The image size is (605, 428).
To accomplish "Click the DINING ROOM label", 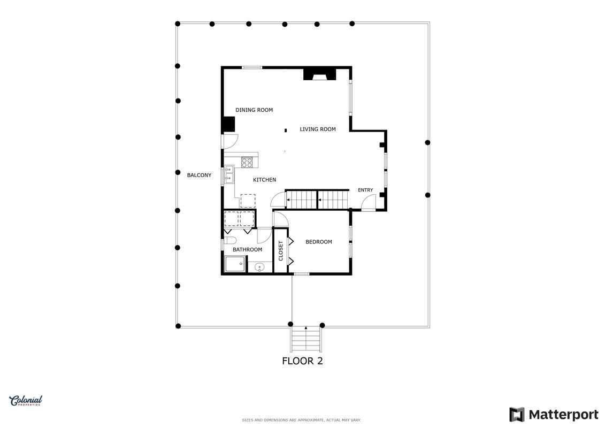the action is [254, 110].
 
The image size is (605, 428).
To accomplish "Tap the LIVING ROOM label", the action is [318, 129].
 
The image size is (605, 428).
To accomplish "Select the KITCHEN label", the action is [264, 180].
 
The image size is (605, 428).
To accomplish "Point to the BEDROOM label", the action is [319, 242].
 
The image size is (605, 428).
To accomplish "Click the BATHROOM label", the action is [247, 250].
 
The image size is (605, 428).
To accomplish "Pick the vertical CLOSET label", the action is [281, 251].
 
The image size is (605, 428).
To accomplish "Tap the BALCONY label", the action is [199, 175].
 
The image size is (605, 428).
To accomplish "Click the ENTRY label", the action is [365, 190].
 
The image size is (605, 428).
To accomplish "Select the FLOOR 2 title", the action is [303, 361].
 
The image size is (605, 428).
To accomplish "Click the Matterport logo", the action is [554, 415].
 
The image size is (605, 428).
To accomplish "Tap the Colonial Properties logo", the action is [26, 401].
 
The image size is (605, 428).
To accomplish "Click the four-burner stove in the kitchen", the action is [247, 163].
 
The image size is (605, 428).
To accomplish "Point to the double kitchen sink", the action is [229, 174].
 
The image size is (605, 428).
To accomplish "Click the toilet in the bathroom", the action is [231, 241].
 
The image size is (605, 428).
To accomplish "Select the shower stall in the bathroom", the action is [235, 264].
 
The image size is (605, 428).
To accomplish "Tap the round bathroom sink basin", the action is [259, 266].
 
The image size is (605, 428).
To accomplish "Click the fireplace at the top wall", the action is [319, 74].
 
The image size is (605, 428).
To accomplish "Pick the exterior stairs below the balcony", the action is [306, 339].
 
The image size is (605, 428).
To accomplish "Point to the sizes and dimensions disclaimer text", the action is [301, 420].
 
